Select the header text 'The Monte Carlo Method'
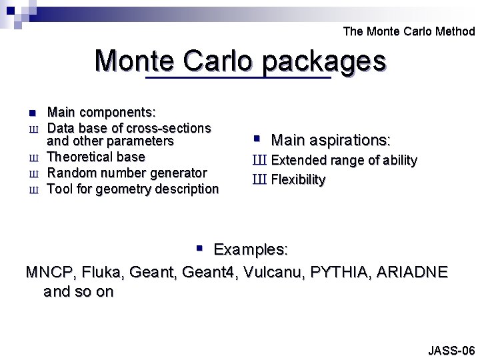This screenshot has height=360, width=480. point(409,31)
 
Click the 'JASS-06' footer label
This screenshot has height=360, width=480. point(451,350)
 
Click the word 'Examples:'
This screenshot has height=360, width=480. point(251,250)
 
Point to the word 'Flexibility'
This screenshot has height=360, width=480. point(298,180)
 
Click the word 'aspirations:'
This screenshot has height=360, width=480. point(349,141)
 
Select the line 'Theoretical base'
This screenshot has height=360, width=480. point(96,157)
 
